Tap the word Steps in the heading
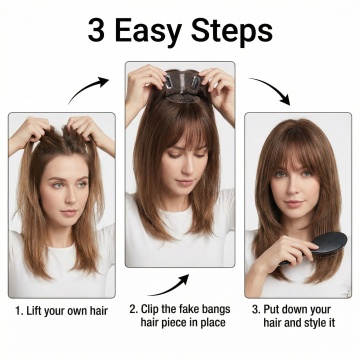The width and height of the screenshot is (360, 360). tap(232, 33)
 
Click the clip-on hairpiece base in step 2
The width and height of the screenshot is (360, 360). tap(183, 86)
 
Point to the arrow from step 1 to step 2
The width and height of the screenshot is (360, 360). tap(88, 88)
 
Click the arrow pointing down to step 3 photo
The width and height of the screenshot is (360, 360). tap(271, 90)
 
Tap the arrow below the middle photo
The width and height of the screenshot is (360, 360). tap(169, 287)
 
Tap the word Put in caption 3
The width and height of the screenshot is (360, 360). tap(271, 309)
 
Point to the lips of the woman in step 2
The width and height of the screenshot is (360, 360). tap(184, 182)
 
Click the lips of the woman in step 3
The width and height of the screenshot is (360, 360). tap(294, 203)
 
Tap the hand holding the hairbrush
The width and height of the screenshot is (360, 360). tap(283, 254)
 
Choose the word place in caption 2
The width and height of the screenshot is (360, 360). tap(213, 323)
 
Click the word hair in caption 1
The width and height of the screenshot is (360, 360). tap(98, 311)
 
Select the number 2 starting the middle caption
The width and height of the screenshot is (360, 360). tap(133, 309)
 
